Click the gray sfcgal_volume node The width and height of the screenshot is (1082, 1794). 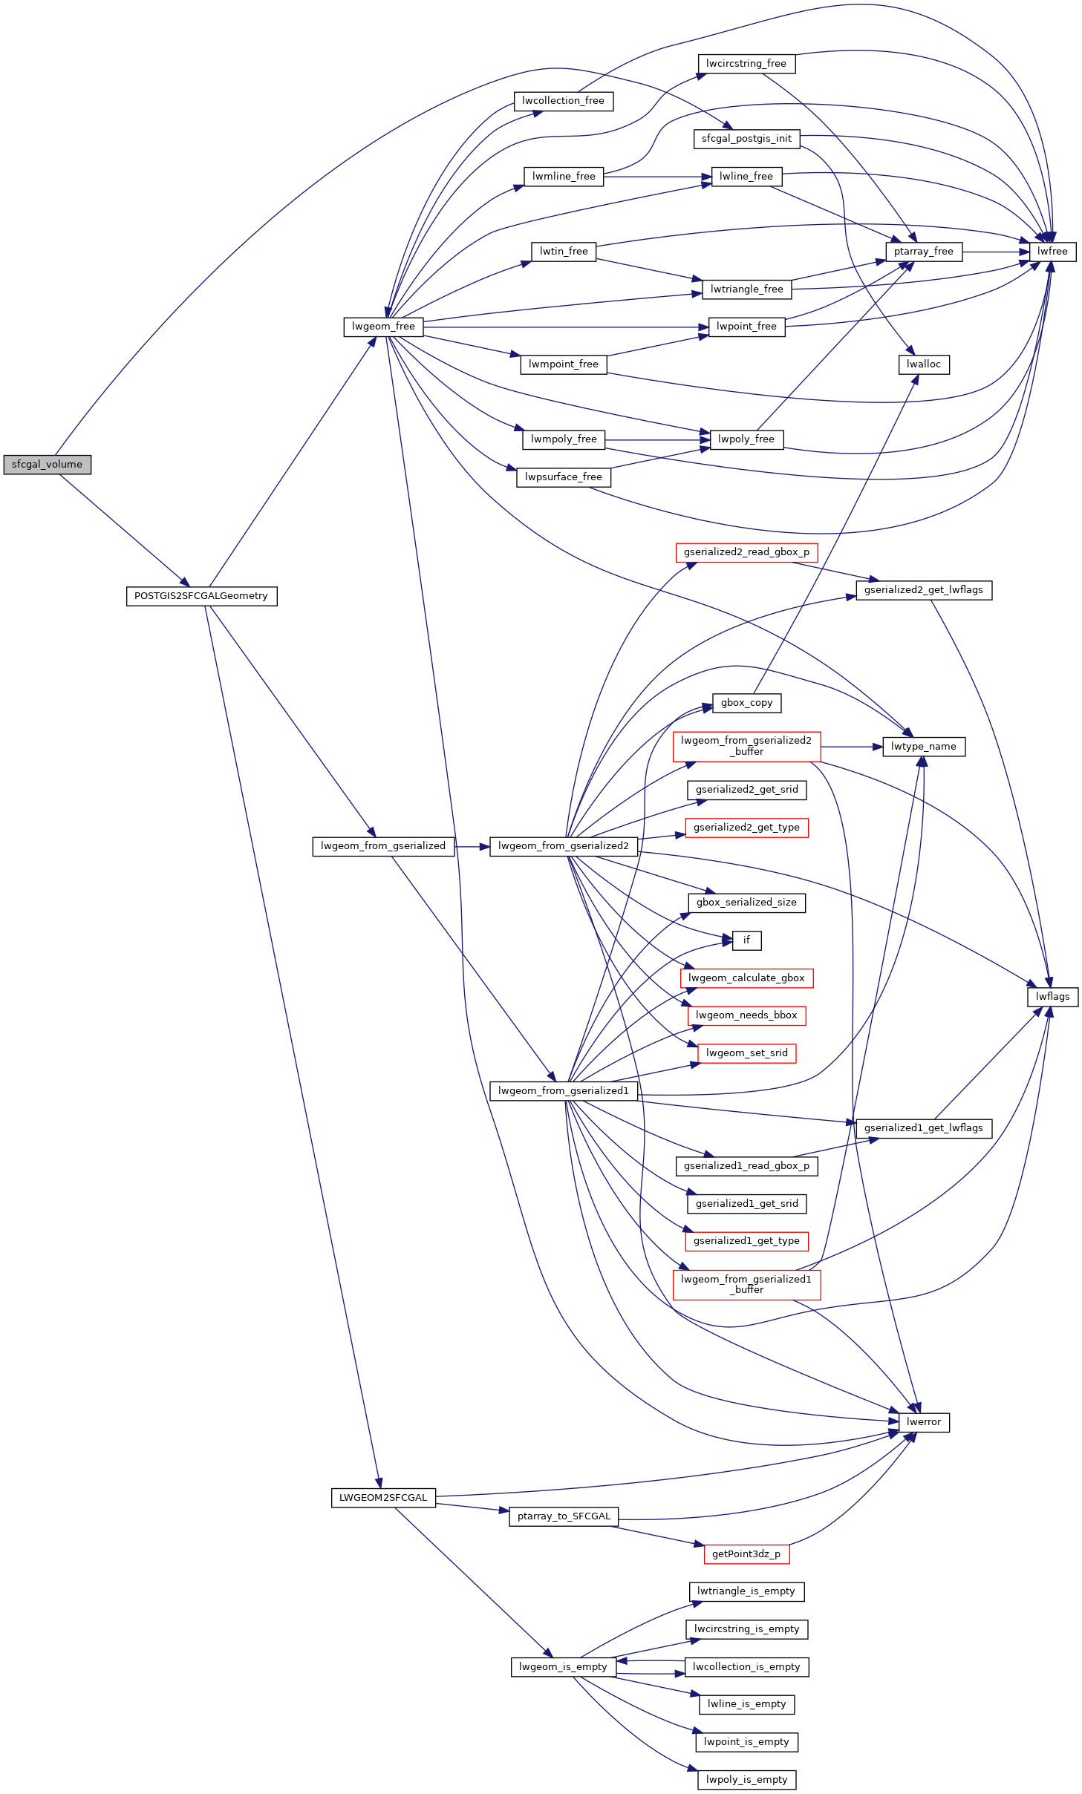pyautogui.click(x=48, y=465)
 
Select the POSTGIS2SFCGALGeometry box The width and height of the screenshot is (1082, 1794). pyautogui.click(x=201, y=596)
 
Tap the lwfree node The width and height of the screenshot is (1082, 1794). pyautogui.click(x=1052, y=252)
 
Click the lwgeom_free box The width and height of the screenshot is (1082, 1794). pyautogui.click(x=383, y=327)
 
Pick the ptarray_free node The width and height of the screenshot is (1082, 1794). pyautogui.click(x=924, y=252)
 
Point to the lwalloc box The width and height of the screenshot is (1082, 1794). pyautogui.click(x=924, y=364)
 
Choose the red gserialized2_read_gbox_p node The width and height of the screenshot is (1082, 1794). pyautogui.click(x=746, y=552)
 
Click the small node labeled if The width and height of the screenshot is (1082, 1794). pyautogui.click(x=746, y=940)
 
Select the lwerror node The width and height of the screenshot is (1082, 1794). pyautogui.click(x=924, y=1422)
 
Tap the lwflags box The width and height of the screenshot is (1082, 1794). pyautogui.click(x=1052, y=997)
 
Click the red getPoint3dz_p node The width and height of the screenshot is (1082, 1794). pyautogui.click(x=746, y=1554)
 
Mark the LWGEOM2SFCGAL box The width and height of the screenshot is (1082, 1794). pyautogui.click(x=383, y=1498)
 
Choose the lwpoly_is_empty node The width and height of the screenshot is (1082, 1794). pyautogui.click(x=746, y=1779)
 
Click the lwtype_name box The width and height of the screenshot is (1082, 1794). pyautogui.click(x=924, y=747)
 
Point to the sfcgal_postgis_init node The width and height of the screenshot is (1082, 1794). pyautogui.click(x=746, y=139)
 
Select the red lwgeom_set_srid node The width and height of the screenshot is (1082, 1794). pyautogui.click(x=746, y=1053)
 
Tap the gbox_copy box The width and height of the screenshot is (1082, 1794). pyautogui.click(x=746, y=703)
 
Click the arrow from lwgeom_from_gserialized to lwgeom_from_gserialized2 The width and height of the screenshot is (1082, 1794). pyautogui.click(x=472, y=846)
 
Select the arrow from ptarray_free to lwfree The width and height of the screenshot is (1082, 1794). pyautogui.click(x=996, y=252)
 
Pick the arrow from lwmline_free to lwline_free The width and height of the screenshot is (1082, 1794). pyautogui.click(x=658, y=177)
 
